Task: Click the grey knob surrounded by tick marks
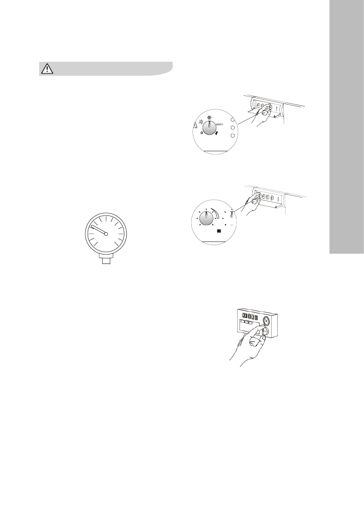point(206,218)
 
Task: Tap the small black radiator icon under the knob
point(219,231)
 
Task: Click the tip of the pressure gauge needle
point(92,225)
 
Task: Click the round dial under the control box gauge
point(265,331)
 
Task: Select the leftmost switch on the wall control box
point(244,316)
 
